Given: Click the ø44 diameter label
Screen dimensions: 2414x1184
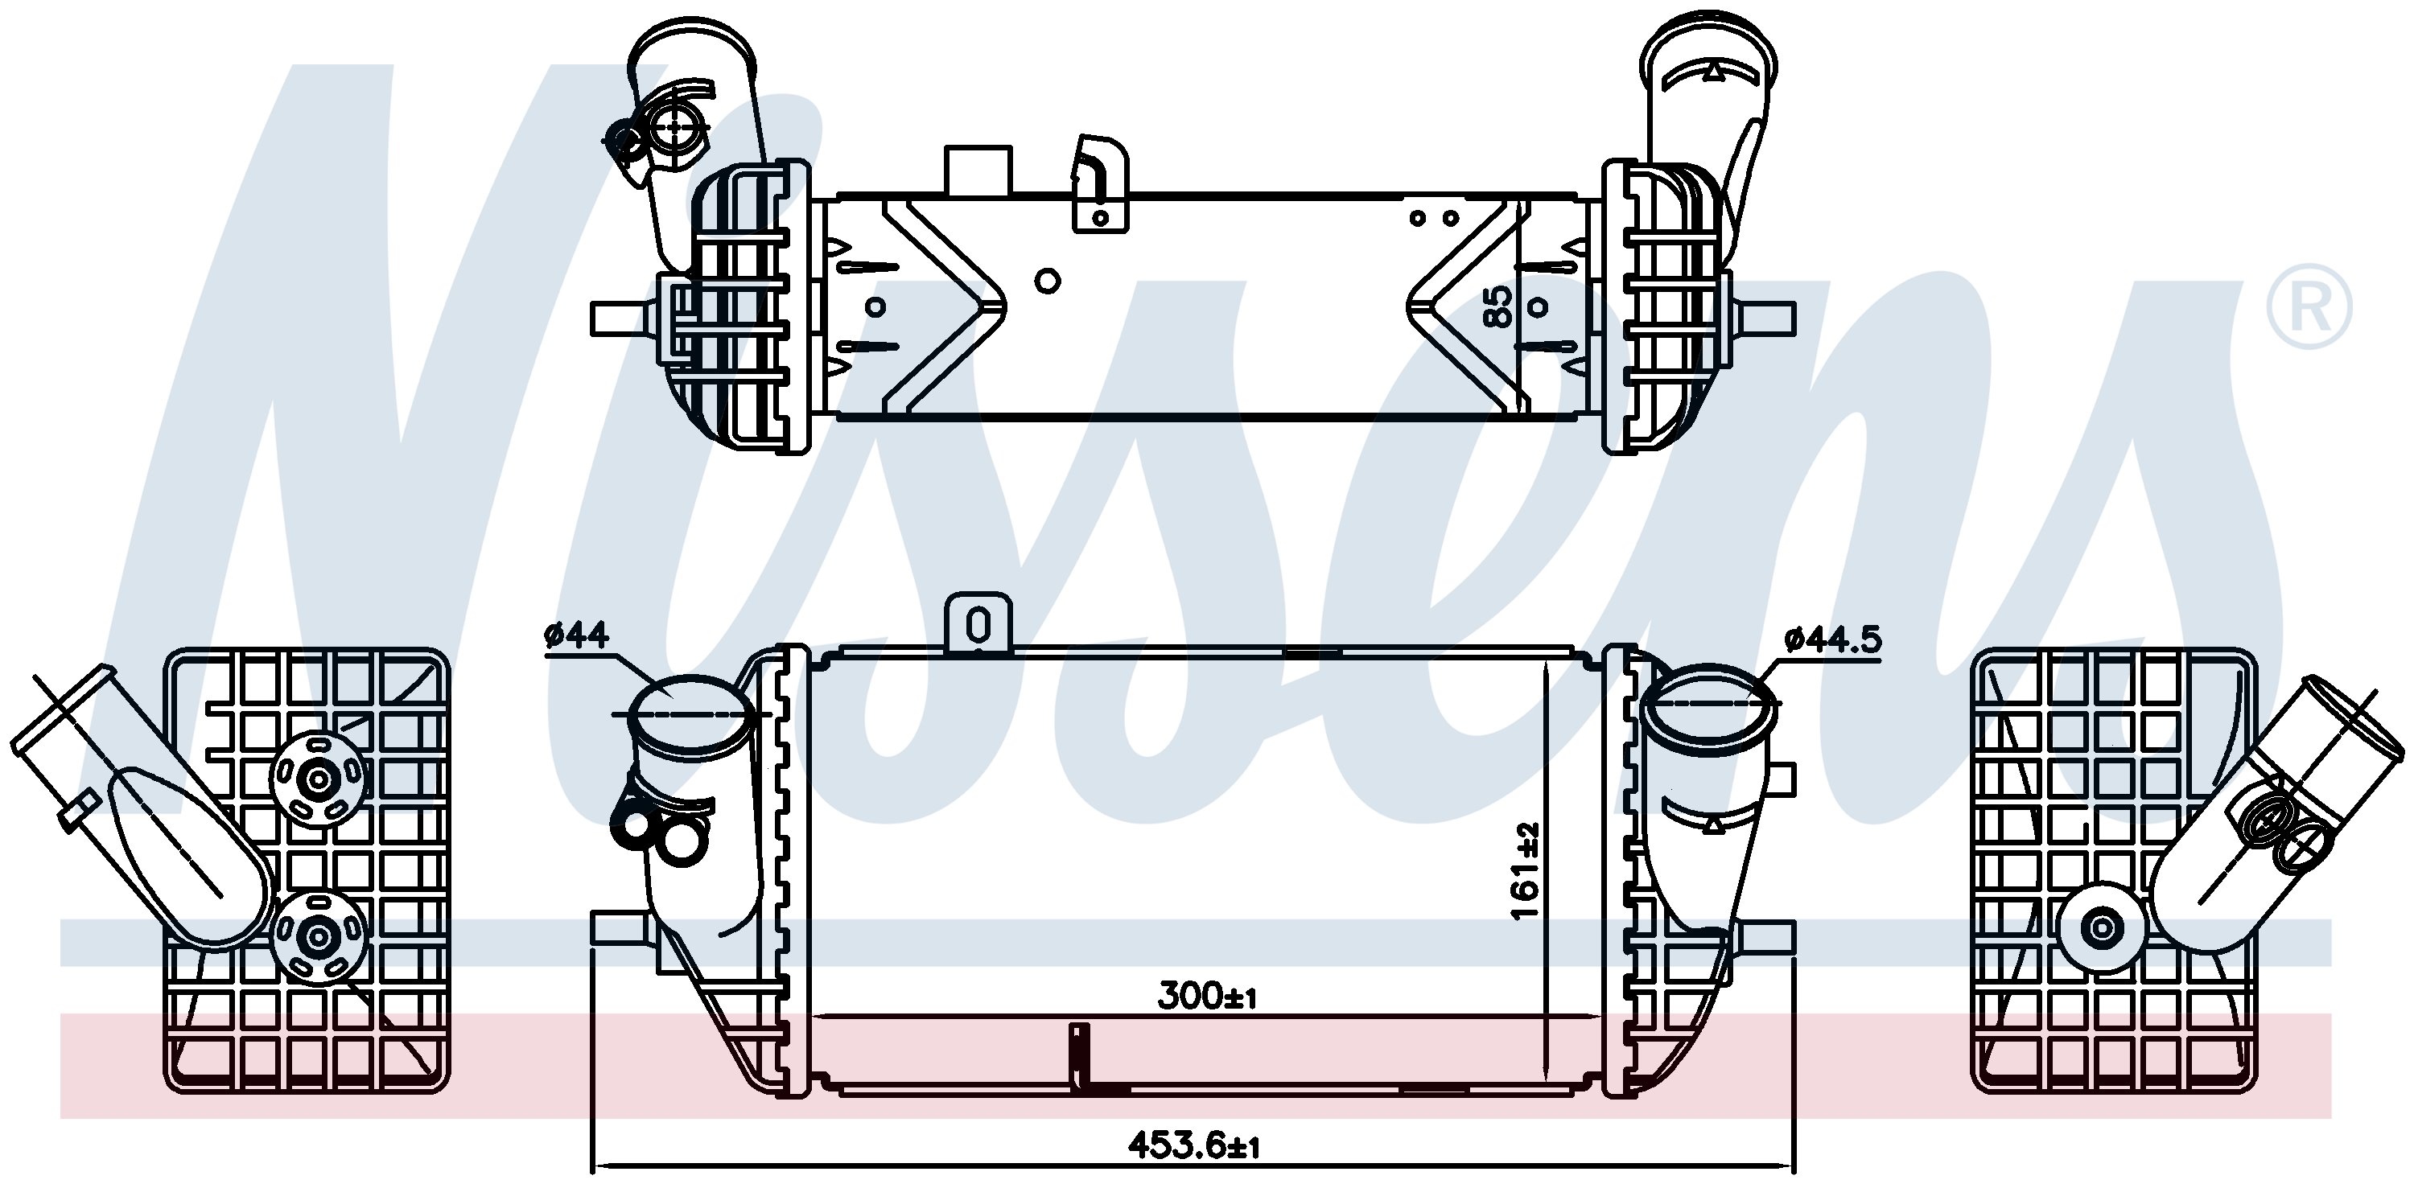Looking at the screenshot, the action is pyautogui.click(x=576, y=637).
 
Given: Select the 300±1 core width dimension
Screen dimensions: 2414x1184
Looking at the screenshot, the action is pyautogui.click(x=1206, y=996).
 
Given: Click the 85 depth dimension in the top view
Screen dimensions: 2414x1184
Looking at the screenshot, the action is pyautogui.click(x=1498, y=307).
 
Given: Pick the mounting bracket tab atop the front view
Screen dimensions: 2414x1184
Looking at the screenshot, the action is pyautogui.click(x=978, y=623).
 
